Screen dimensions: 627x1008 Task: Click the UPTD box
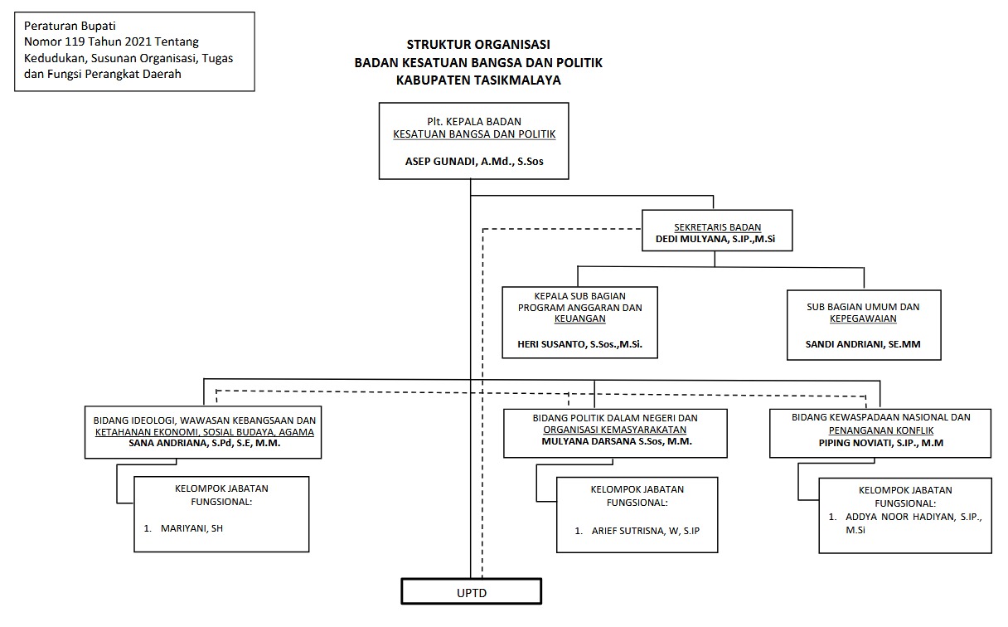[471, 591]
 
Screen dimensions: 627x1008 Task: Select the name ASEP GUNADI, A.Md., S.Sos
[473, 163]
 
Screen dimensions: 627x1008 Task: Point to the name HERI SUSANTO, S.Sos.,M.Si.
[580, 343]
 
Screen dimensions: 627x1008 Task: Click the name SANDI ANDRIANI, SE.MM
[863, 343]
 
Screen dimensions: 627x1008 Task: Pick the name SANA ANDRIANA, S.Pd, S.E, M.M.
[205, 443]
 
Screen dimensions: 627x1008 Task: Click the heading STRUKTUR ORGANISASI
[478, 44]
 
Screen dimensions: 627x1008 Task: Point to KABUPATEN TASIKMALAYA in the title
[478, 80]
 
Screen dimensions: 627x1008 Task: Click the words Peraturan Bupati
[59, 26]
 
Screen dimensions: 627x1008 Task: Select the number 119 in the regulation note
[83, 41]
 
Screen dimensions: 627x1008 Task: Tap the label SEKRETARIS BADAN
[718, 227]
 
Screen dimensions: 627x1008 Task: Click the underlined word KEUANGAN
[580, 318]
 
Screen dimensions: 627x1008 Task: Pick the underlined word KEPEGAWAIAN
[863, 318]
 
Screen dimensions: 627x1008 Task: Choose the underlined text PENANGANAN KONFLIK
[880, 430]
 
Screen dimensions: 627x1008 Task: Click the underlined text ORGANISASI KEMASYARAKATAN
[614, 430]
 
